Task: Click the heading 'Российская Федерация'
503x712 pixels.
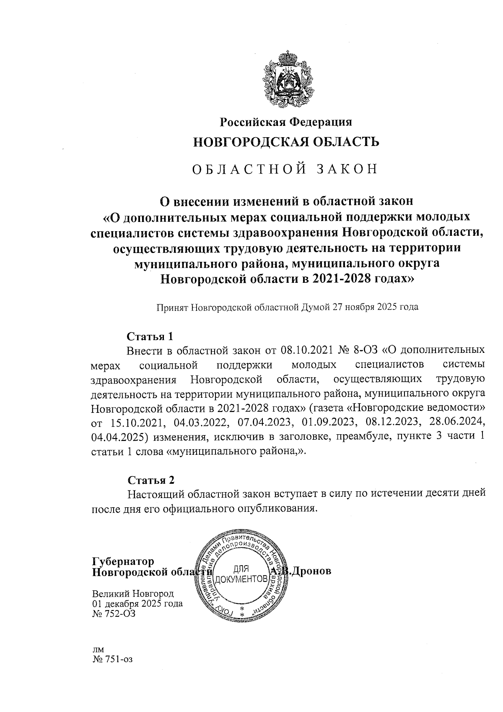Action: [286, 122]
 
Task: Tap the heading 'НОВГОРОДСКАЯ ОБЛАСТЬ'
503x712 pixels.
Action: [286, 142]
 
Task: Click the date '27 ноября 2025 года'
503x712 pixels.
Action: [376, 307]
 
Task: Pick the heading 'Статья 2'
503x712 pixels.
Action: [150, 480]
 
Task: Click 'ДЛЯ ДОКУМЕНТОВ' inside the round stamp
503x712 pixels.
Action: [241, 575]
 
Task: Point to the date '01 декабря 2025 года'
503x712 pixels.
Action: [137, 604]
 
